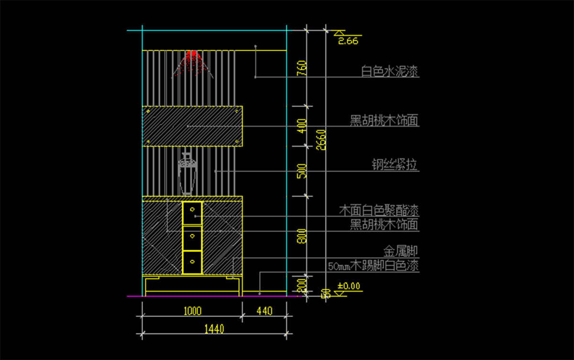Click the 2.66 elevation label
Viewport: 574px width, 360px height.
348,41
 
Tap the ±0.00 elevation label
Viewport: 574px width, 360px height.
349,286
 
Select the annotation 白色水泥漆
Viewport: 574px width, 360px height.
390,72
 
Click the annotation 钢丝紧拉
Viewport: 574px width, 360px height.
395,165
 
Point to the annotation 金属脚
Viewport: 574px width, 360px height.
401,251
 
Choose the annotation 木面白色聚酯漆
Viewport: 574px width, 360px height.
379,210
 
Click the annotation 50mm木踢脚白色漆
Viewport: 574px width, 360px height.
373,266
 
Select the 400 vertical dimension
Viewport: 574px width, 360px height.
301,126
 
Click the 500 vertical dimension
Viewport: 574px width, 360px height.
301,171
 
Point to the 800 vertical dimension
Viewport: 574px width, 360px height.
301,236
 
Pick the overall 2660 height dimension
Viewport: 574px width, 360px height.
321,139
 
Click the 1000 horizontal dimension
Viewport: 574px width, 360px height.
192,311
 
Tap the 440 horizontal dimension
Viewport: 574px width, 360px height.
265,311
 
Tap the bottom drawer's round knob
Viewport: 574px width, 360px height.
192,262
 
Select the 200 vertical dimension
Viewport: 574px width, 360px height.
301,285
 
